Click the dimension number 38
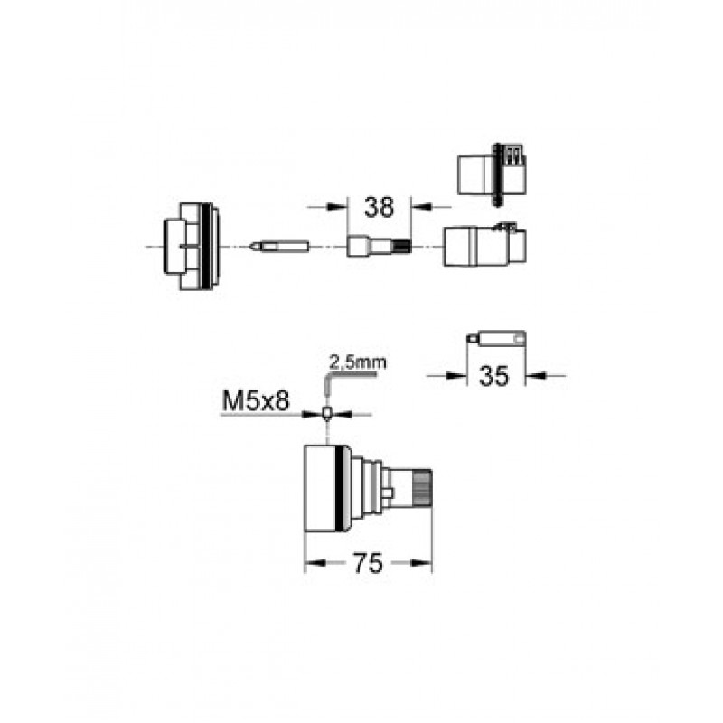379,208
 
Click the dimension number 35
493,376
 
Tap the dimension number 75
368,563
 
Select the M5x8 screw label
256,401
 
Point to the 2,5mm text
358,362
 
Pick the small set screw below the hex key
326,413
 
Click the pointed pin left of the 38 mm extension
279,246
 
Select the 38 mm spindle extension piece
379,246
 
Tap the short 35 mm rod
496,340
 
